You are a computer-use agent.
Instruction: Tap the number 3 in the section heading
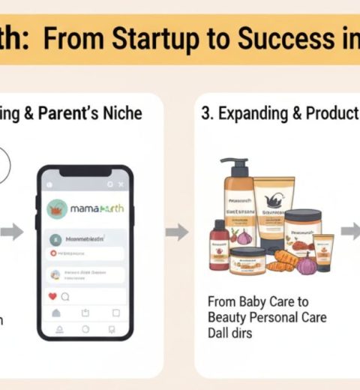[205, 115]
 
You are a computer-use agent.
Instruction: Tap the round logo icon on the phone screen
[57, 208]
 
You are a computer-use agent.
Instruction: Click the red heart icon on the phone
[52, 296]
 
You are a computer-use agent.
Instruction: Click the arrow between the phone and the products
[177, 232]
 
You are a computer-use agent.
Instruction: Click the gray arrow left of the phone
[12, 232]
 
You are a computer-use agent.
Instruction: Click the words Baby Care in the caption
[262, 301]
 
